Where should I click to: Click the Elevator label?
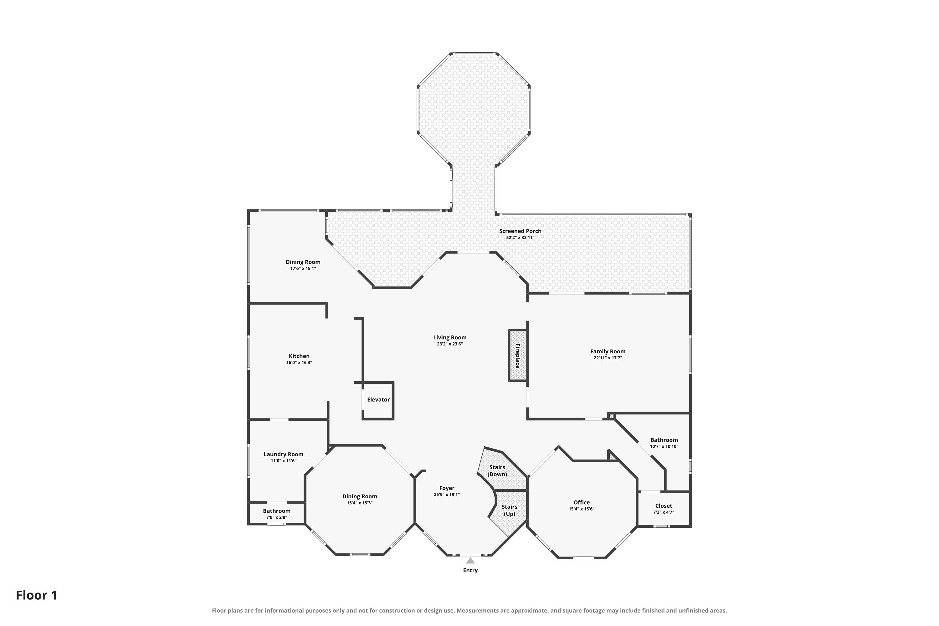[x=378, y=400]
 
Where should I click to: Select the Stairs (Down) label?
[x=497, y=471]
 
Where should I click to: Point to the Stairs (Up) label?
[x=510, y=510]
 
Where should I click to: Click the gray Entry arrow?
[x=470, y=561]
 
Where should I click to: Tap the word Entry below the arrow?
[x=470, y=570]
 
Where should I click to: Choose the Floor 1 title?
[x=37, y=595]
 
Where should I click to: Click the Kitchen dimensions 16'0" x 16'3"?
[x=299, y=362]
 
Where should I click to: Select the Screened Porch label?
[x=520, y=231]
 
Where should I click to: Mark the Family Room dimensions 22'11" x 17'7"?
[x=608, y=358]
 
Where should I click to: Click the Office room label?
[x=581, y=502]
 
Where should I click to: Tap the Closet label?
[x=664, y=506]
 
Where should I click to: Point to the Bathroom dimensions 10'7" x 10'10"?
[x=664, y=446]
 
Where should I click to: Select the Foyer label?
[x=447, y=488]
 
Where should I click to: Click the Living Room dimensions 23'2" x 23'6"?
[x=449, y=344]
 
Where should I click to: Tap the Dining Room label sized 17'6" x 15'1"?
[x=303, y=262]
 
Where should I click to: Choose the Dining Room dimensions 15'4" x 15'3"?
[x=359, y=503]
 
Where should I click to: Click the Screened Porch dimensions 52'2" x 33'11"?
[x=520, y=238]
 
